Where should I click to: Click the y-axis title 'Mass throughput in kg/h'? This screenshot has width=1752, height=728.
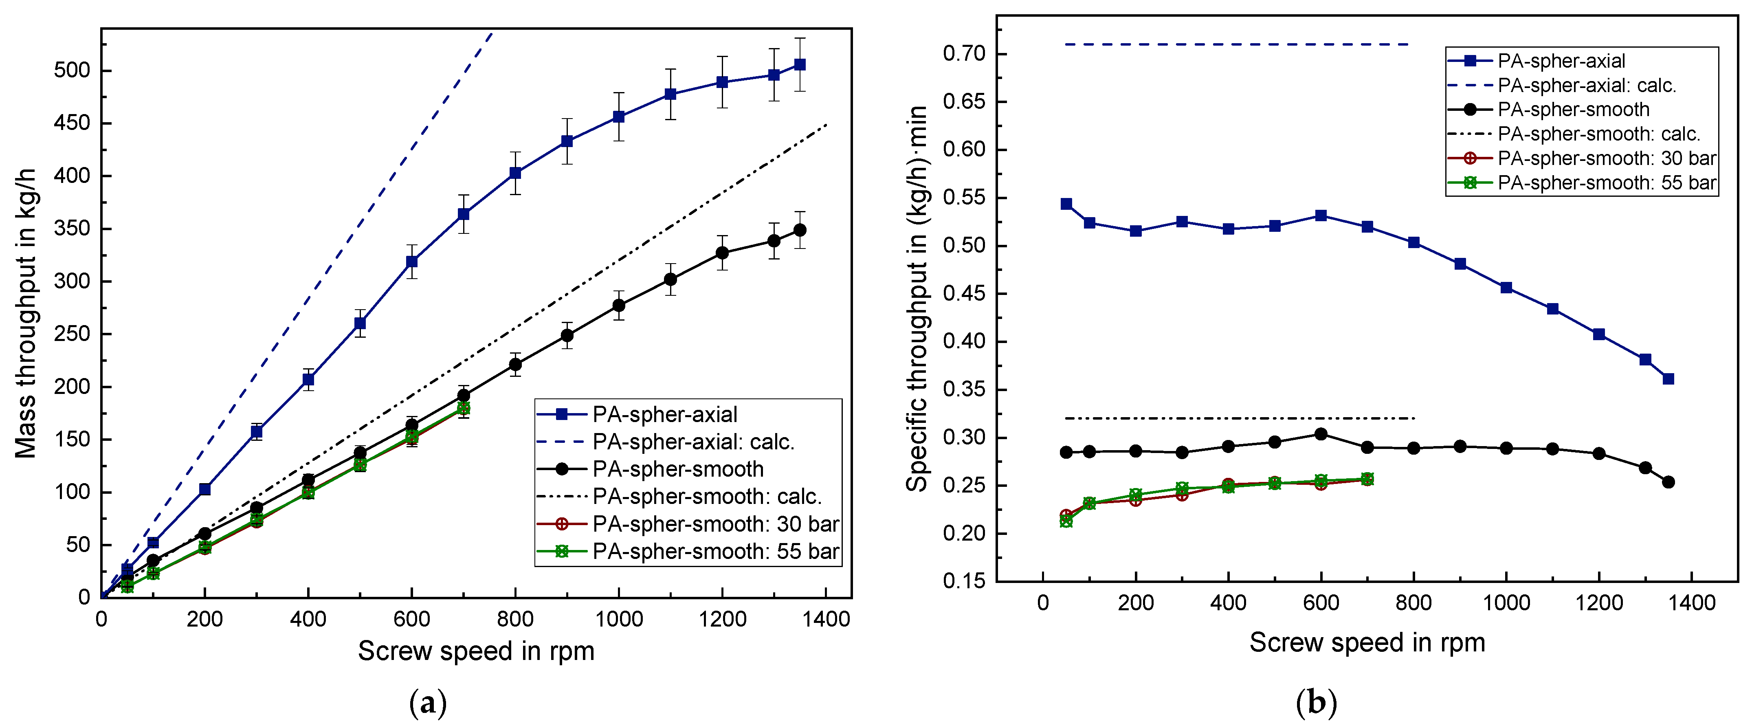pyautogui.click(x=26, y=313)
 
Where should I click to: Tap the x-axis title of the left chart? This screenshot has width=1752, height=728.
pyautogui.click(x=476, y=651)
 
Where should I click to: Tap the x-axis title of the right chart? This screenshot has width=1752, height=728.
pyautogui.click(x=1367, y=642)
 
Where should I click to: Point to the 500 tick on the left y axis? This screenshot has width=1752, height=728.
pyautogui.click(x=71, y=71)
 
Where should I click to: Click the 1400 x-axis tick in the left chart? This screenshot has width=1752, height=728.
pyautogui.click(x=826, y=619)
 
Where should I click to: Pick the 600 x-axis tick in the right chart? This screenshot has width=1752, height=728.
pyautogui.click(x=1321, y=603)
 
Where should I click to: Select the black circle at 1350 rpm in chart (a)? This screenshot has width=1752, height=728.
pyautogui.click(x=800, y=230)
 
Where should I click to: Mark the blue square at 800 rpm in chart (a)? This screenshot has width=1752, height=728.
pyautogui.click(x=516, y=173)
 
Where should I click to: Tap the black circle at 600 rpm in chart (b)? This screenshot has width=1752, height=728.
pyautogui.click(x=1321, y=434)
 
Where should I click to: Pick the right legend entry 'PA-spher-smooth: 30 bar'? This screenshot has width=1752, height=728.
pyautogui.click(x=1607, y=158)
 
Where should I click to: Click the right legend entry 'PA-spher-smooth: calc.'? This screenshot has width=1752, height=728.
pyautogui.click(x=1598, y=134)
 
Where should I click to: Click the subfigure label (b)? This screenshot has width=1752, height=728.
pyautogui.click(x=1317, y=703)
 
